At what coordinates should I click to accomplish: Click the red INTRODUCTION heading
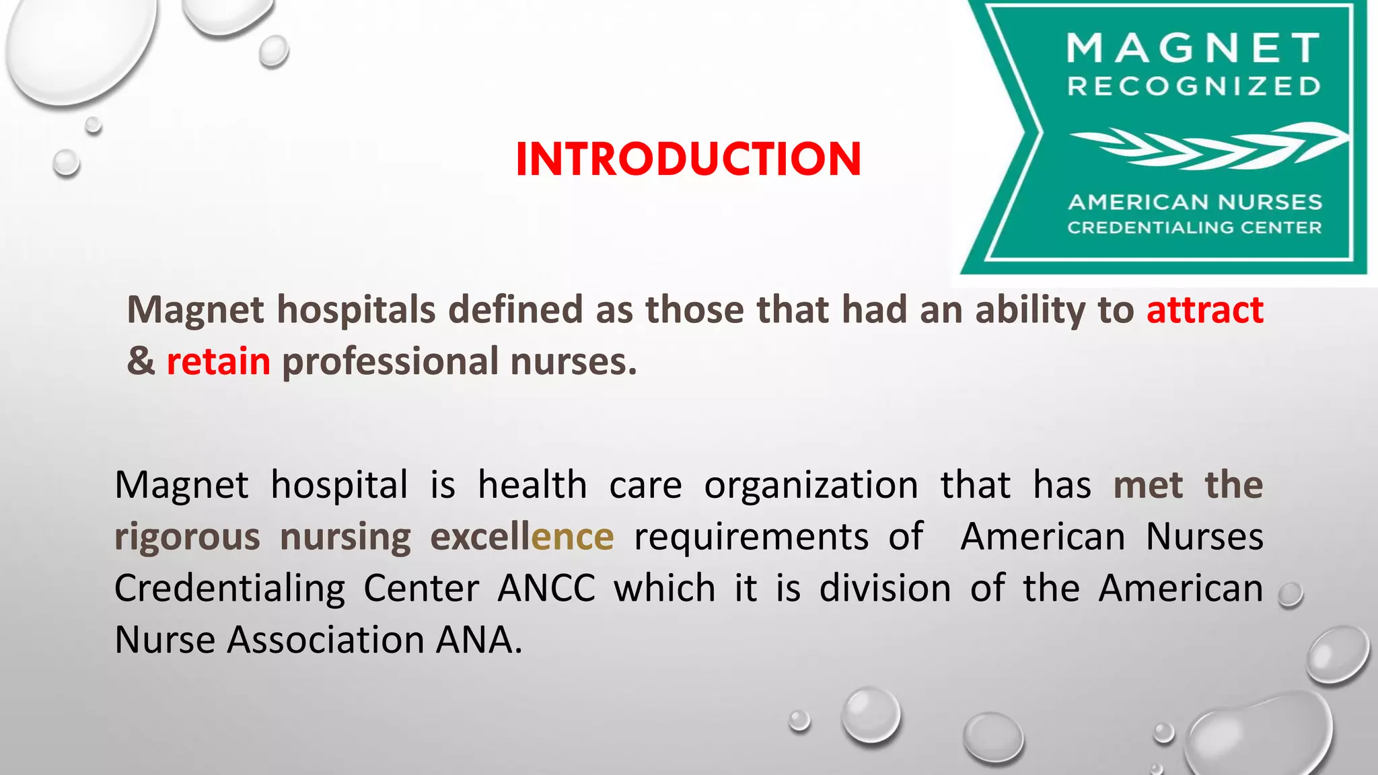pos(688,159)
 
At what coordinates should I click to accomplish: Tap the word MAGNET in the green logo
pos(1194,48)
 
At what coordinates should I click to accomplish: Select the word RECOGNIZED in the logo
pos(1194,87)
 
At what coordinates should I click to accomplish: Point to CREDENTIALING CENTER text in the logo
pos(1194,227)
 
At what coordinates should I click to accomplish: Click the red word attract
pos(1204,310)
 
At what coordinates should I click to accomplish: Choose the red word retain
pos(219,362)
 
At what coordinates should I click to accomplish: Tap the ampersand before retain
pos(141,362)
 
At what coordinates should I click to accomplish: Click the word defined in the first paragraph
pos(515,310)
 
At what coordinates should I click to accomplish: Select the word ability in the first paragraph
pos(1030,310)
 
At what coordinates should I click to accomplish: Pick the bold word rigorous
pos(187,538)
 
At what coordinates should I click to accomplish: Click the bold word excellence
pos(521,538)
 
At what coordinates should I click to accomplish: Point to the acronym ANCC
pos(546,589)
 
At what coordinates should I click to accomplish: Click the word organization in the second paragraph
pos(811,486)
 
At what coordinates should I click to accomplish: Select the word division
pos(885,589)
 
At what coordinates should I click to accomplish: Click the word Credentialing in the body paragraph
pos(229,589)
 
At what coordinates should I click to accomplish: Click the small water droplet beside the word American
pos(1291,595)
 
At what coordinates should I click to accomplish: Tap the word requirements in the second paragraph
pos(751,538)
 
